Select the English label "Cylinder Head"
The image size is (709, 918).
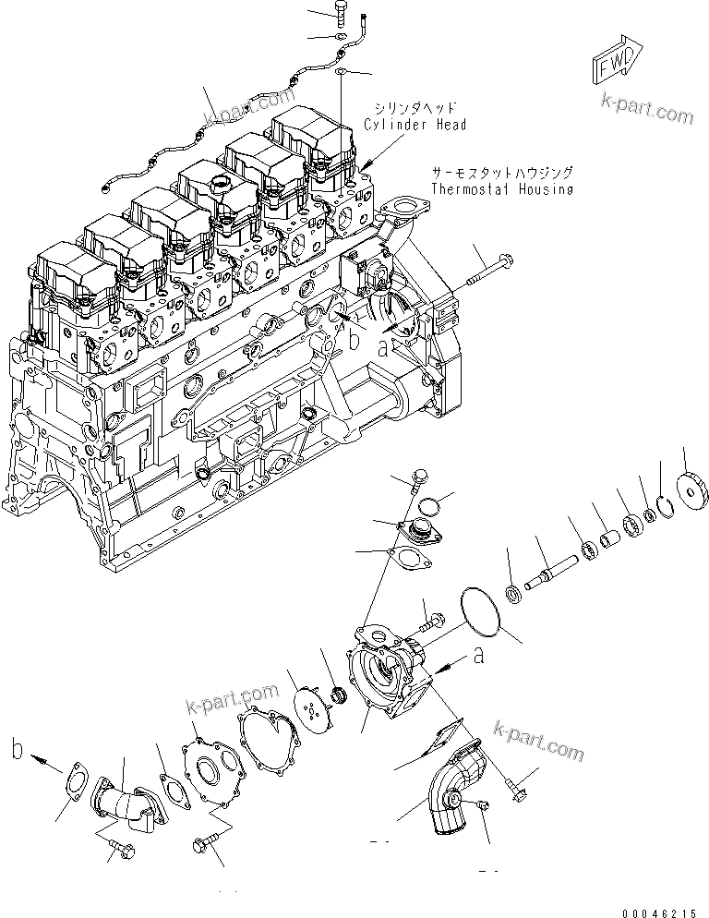tap(415, 125)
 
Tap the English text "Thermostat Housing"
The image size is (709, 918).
tap(501, 189)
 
